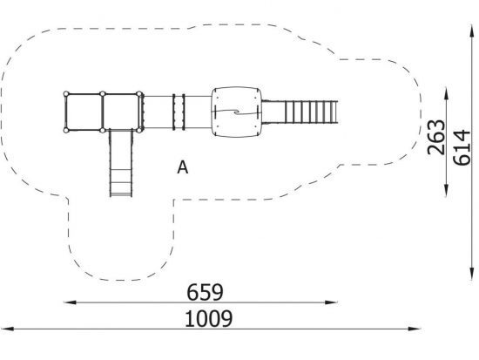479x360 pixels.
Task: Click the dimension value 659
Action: [205, 292]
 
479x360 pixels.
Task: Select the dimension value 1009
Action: [209, 319]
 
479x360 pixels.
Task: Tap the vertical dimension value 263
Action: [436, 138]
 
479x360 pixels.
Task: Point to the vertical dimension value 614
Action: [462, 147]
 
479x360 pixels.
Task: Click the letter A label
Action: [182, 167]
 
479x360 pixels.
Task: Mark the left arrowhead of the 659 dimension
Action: [70, 302]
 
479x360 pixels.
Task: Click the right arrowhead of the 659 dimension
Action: [331, 302]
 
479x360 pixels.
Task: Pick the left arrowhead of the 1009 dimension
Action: [7, 329]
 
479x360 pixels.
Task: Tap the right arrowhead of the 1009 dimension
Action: [415, 329]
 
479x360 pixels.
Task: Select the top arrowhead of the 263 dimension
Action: [446, 93]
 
